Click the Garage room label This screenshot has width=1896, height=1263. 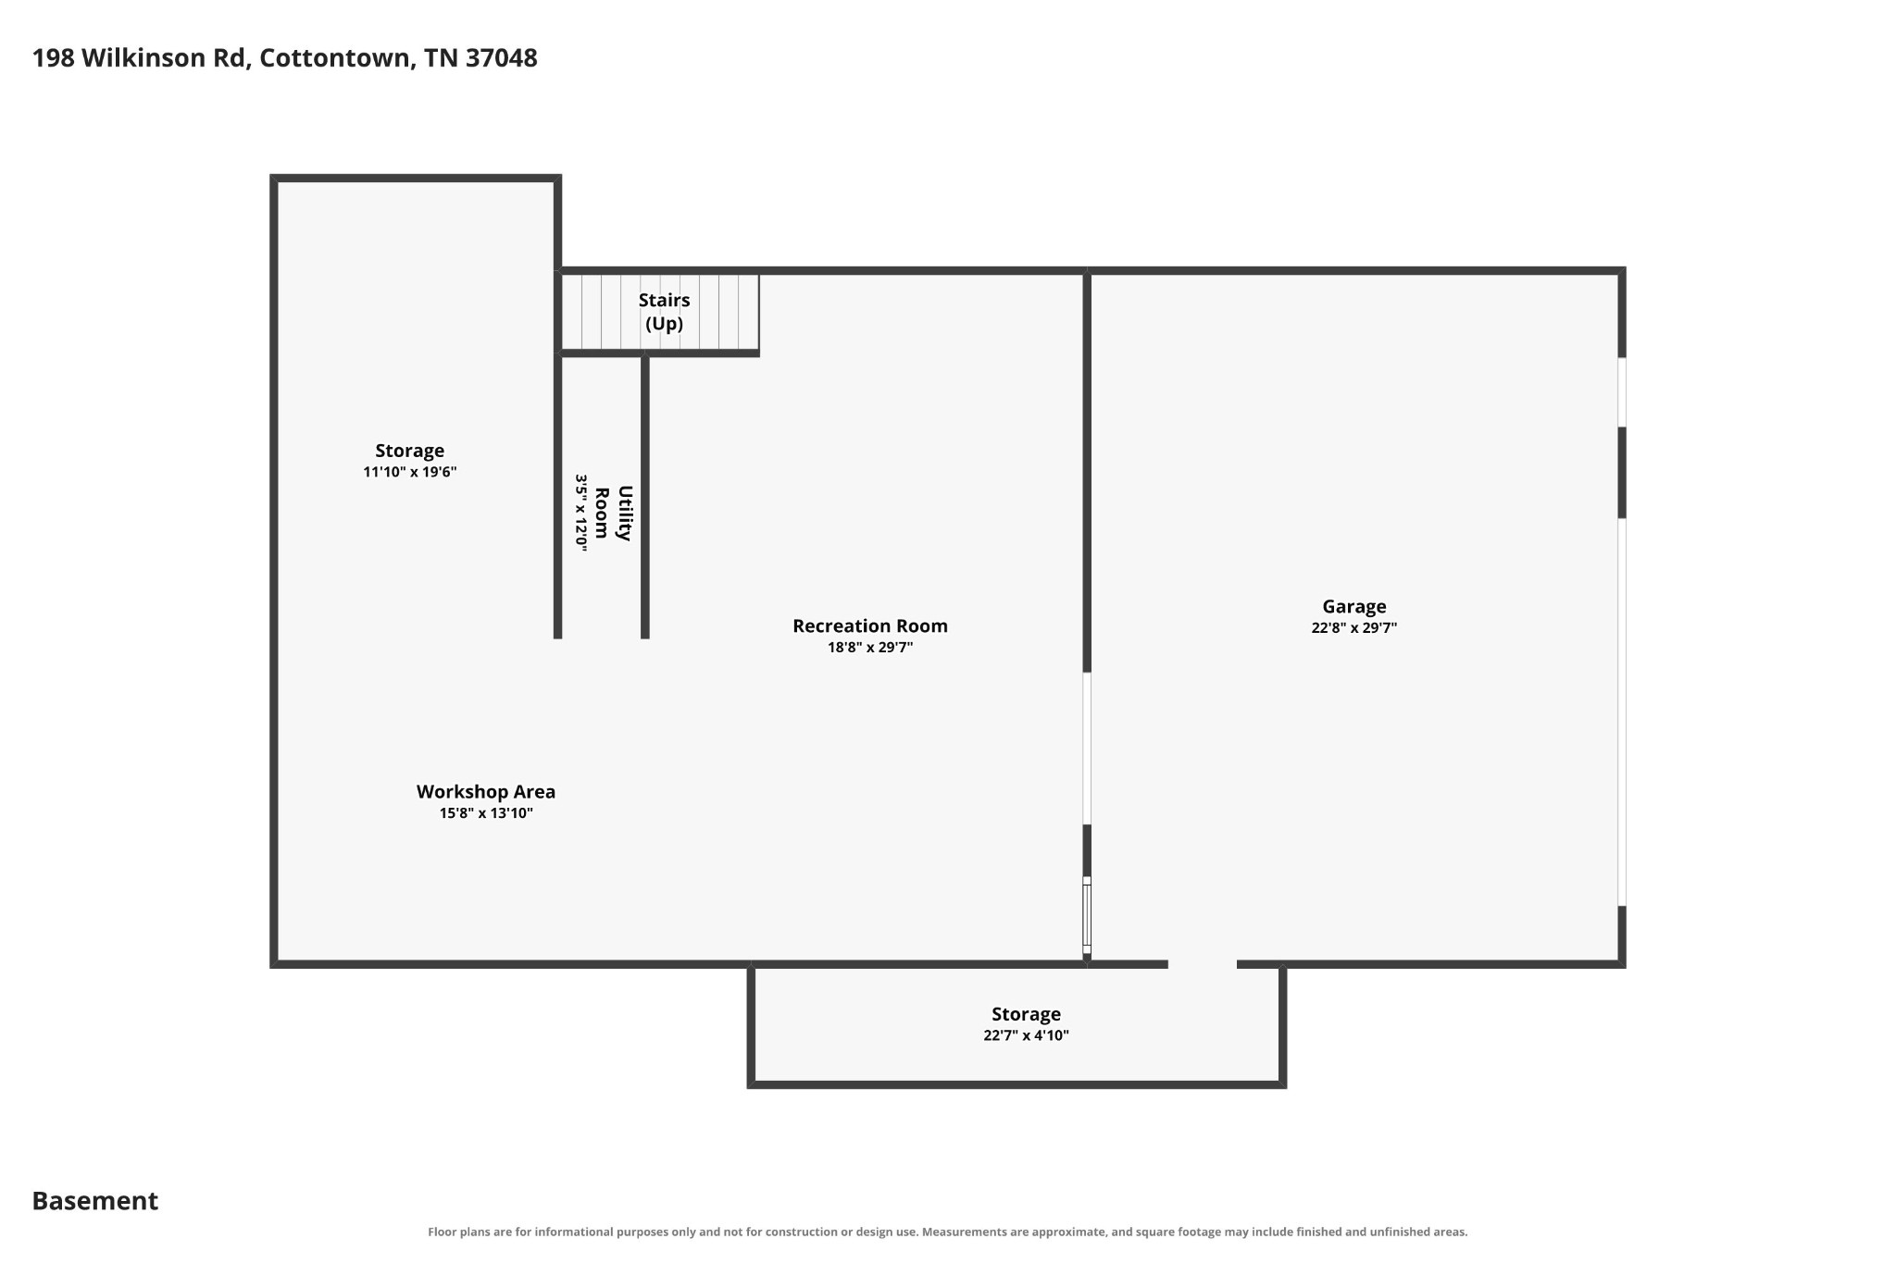[1353, 607]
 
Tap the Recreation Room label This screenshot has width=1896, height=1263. [870, 626]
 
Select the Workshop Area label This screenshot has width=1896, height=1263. [486, 792]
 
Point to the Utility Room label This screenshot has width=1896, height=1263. [613, 513]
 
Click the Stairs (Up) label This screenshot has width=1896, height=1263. [665, 312]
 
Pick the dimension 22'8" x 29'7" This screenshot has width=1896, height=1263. [1353, 628]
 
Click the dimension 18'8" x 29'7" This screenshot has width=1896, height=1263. [870, 648]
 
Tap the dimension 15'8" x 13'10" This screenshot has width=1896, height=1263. [486, 813]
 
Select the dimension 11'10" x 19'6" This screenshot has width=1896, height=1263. [410, 472]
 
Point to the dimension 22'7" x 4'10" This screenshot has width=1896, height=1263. [1026, 1035]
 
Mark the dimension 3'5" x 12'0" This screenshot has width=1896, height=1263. [581, 514]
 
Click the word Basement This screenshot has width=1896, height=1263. [95, 1201]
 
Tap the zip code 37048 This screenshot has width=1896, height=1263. [501, 58]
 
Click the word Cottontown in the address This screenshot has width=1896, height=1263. [336, 58]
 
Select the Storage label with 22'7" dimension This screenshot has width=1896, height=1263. [1026, 1015]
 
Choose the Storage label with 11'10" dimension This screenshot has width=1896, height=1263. [409, 451]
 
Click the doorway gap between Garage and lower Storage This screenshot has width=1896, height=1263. [1203, 964]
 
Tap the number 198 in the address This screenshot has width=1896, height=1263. [54, 58]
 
